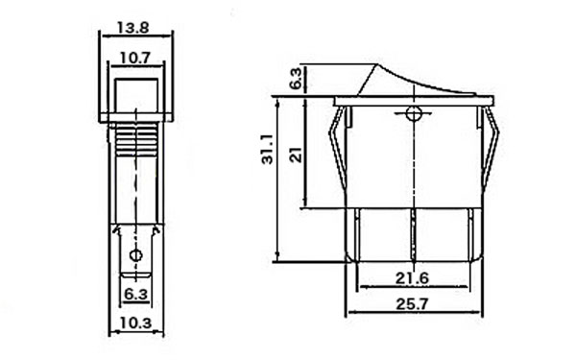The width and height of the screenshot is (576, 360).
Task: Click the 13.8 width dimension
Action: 133,28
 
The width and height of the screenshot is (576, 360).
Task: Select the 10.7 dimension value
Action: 135,58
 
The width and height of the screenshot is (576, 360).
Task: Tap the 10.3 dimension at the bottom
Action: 135,324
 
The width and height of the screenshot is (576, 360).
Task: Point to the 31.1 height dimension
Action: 268,149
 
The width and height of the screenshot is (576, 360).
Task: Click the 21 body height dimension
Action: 296,155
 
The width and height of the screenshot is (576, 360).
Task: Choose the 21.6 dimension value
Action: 412,278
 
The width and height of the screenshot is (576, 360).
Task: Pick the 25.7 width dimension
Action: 412,304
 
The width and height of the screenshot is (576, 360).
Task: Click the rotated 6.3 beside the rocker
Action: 296,78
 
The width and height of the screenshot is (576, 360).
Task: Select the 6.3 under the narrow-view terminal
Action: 135,294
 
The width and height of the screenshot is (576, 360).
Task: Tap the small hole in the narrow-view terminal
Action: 136,255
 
